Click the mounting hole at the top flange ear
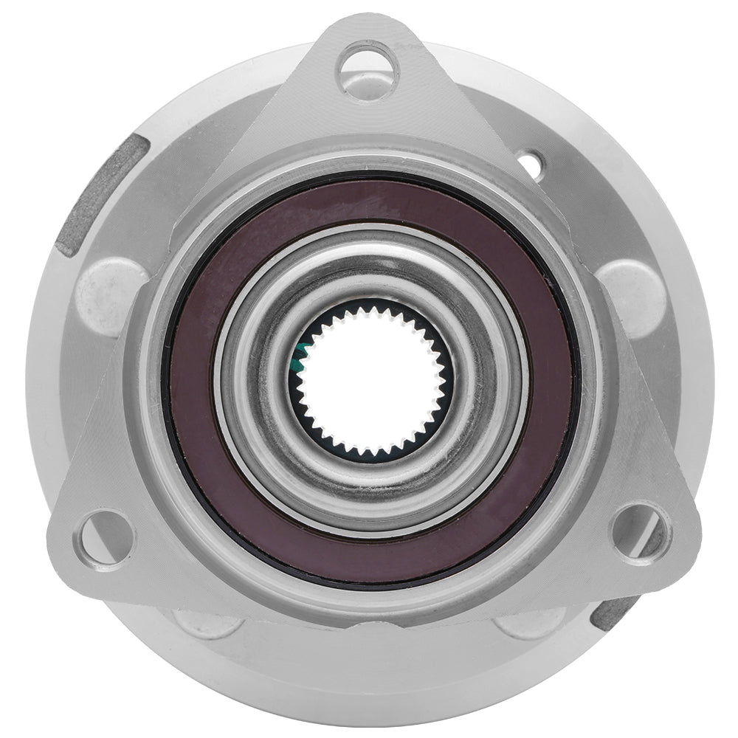pos(368,70)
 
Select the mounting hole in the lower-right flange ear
pos(639,533)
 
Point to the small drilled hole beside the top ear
pos(530,164)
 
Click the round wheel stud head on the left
pos(111,296)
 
